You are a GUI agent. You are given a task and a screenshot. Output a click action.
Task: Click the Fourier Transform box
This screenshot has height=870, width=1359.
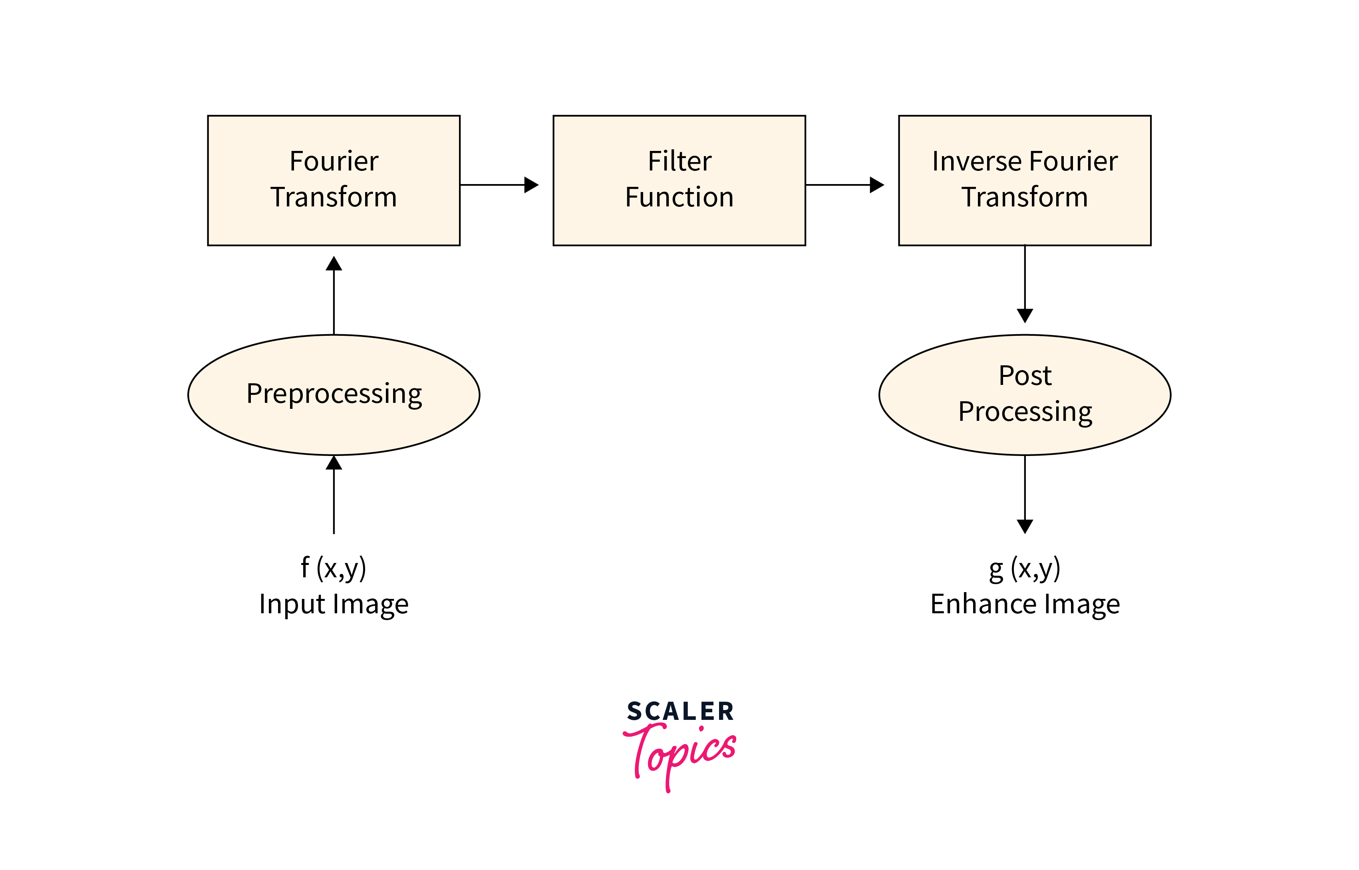pos(334,180)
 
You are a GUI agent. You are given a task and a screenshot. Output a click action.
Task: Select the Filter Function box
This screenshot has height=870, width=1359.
pos(679,180)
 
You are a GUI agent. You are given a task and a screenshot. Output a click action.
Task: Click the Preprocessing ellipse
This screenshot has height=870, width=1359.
pos(334,394)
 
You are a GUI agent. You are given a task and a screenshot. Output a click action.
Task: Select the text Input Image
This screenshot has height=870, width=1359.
pos(334,604)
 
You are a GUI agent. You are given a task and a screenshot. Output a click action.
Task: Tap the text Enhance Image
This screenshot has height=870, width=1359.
pos(1025,604)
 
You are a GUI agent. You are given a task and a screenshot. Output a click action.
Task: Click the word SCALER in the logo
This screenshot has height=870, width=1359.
pos(680,711)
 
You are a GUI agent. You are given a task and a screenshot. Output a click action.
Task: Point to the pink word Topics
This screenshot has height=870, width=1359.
pos(680,754)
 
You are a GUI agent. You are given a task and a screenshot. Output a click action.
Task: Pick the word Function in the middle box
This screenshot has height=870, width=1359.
pos(679,197)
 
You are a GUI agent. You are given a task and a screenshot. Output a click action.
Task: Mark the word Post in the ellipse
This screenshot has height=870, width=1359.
pos(1025,376)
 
